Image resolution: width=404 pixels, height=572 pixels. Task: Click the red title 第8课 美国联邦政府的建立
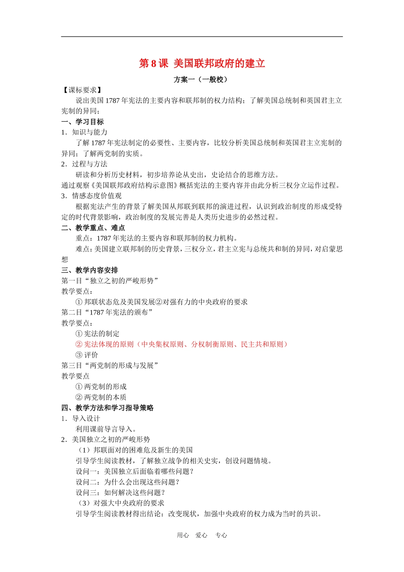[202, 63]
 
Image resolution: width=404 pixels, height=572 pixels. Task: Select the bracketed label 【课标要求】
[82, 90]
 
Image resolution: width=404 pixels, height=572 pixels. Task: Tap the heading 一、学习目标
[83, 122]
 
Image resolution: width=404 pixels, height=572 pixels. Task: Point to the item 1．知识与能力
[84, 132]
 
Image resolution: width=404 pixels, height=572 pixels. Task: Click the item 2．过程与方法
[84, 164]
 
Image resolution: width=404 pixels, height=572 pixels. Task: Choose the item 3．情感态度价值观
[91, 196]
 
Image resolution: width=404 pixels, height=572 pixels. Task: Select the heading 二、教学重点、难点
[93, 228]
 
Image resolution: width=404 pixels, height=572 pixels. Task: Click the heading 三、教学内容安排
[90, 270]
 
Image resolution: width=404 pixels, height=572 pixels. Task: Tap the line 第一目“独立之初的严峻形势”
[110, 281]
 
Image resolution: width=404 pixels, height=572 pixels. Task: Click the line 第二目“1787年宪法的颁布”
[107, 312]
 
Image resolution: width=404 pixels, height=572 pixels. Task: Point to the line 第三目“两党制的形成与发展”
[110, 366]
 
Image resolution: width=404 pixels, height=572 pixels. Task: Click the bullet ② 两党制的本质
[101, 397]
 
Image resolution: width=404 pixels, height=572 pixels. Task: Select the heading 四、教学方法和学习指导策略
[108, 408]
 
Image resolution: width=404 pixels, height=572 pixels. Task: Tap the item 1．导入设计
[81, 418]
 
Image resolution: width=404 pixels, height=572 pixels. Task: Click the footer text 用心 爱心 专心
[202, 535]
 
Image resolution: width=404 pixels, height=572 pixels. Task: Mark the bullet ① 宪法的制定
[98, 334]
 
